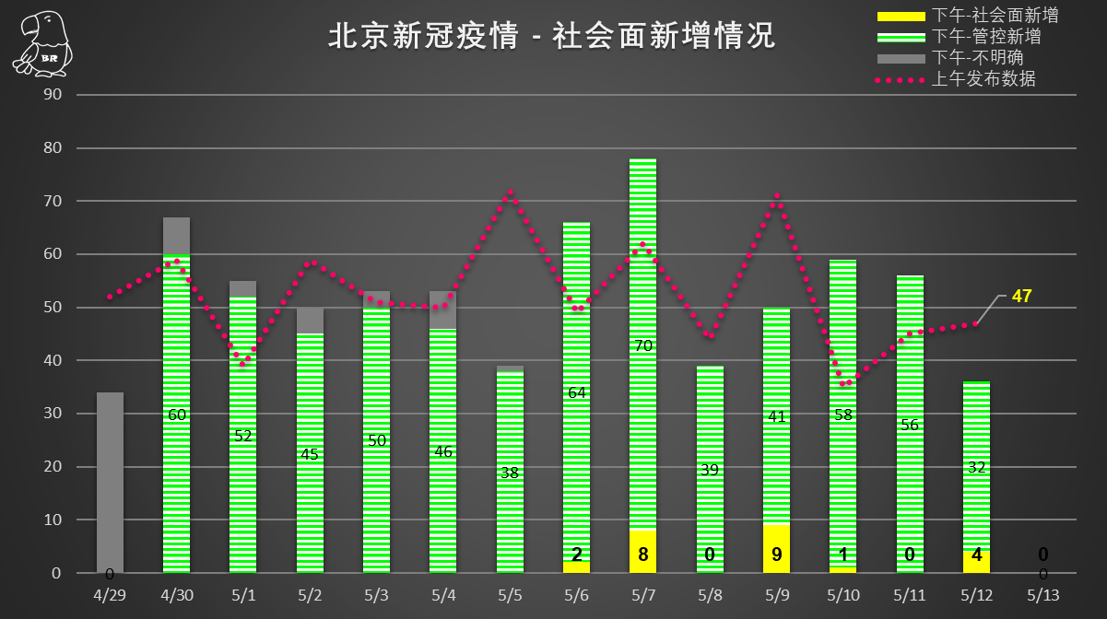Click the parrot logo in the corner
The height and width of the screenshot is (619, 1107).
[x=42, y=43]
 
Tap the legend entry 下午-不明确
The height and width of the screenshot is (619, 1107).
[x=978, y=58]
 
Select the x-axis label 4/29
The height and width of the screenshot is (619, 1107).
[x=110, y=595]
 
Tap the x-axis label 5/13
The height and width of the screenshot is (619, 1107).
[x=1043, y=595]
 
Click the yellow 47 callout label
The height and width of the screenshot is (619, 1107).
[x=1021, y=297]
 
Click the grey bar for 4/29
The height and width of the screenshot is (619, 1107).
[x=110, y=479]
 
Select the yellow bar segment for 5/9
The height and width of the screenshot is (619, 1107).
[x=776, y=549]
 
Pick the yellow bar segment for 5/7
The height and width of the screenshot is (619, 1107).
[x=643, y=551]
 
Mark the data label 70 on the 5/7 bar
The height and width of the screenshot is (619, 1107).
[x=643, y=345]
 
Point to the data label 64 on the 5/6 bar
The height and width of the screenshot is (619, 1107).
[x=577, y=393]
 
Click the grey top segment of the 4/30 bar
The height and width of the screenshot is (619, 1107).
[x=176, y=236]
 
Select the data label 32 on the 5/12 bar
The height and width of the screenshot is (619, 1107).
[x=977, y=467]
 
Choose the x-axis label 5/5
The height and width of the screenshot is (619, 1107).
[x=510, y=595]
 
